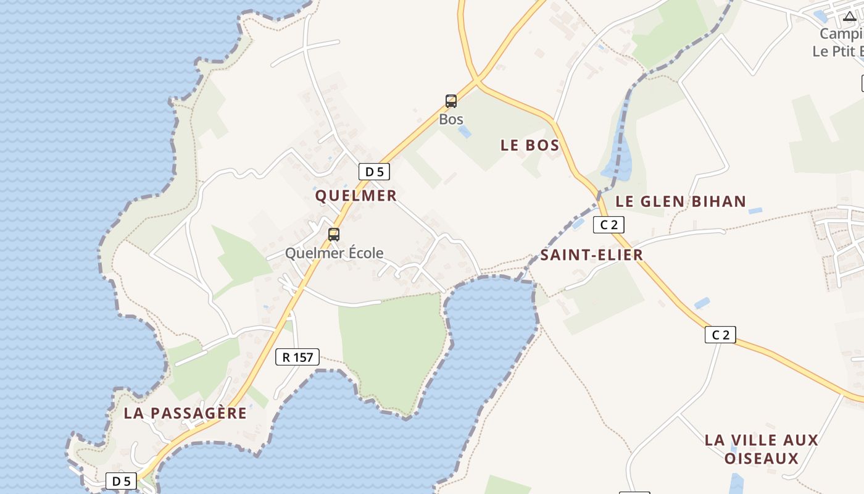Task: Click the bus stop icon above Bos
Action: pos(451,101)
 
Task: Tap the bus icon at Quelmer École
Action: pos(334,235)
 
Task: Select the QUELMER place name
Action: pos(355,196)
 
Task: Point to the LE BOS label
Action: pos(530,146)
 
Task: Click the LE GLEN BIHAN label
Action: pos(681,201)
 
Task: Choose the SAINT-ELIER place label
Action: pos(591,255)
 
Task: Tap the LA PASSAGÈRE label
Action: pos(185,413)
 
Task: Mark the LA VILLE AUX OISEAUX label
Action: pos(761,449)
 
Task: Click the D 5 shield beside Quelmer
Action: pos(374,172)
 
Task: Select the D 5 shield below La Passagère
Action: pos(121,481)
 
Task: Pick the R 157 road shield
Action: pos(297,356)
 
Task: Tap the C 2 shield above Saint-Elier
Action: pos(609,225)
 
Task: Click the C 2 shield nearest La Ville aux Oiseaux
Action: pos(720,335)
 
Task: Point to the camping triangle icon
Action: pos(850,17)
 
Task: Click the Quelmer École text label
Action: pos(334,253)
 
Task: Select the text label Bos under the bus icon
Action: pos(451,119)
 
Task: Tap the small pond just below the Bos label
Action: pos(465,132)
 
